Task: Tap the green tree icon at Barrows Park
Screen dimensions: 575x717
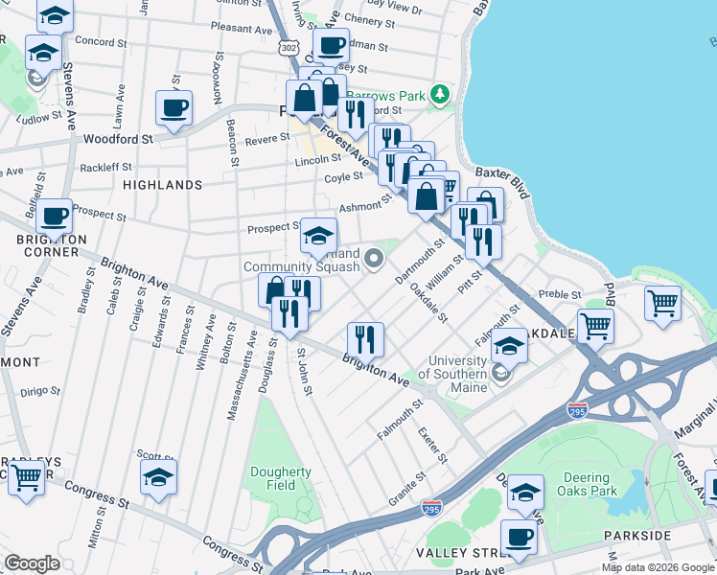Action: click(440, 94)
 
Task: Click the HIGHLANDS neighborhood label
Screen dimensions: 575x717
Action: click(163, 184)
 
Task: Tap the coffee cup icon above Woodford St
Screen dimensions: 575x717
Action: click(173, 108)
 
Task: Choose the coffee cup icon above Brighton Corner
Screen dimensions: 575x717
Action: click(55, 216)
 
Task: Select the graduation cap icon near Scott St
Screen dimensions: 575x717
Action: click(159, 477)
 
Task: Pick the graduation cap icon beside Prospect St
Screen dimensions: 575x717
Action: click(318, 235)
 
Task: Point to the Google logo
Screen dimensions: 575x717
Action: click(32, 563)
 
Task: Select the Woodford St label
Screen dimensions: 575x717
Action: click(119, 139)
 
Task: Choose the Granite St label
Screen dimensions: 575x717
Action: click(407, 485)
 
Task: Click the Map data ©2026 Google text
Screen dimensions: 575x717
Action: click(658, 567)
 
